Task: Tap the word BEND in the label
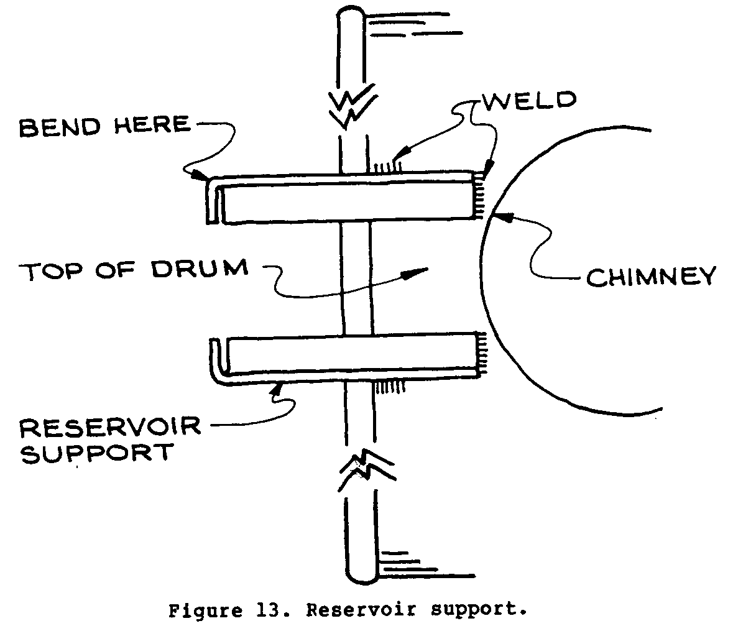pyautogui.click(x=58, y=126)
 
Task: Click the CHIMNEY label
pyautogui.click(x=651, y=277)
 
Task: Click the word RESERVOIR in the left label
pyautogui.click(x=110, y=428)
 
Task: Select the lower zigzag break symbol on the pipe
pyautogui.click(x=363, y=469)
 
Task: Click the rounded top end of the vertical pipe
pyautogui.click(x=352, y=15)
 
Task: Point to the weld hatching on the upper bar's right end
pyautogui.click(x=479, y=196)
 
